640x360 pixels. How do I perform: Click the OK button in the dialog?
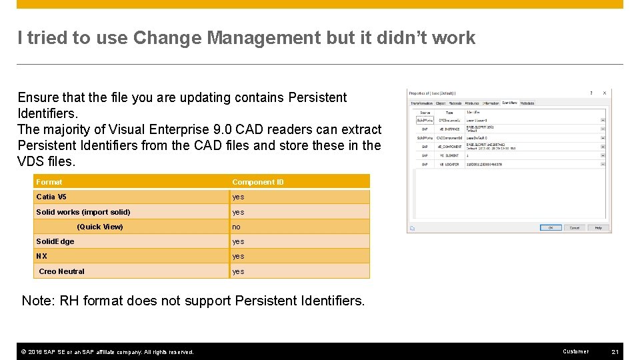click(551, 227)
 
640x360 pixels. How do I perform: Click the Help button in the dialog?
click(598, 227)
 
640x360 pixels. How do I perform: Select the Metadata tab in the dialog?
click(527, 103)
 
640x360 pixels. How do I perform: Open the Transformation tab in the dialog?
click(421, 103)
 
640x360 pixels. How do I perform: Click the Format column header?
click(49, 182)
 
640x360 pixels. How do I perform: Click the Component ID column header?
click(257, 182)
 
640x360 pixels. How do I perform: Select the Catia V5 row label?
click(51, 197)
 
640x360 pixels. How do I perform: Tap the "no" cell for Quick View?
click(236, 227)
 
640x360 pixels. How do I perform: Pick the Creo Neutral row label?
click(62, 271)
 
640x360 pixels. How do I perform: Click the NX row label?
click(42, 256)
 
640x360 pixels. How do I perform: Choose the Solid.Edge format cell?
click(55, 241)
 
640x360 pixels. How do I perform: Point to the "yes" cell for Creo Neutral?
click(238, 271)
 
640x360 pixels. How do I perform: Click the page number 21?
click(615, 351)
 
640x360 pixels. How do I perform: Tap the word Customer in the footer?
click(575, 351)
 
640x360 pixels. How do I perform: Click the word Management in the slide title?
click(263, 38)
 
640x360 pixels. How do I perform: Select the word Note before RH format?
click(37, 301)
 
